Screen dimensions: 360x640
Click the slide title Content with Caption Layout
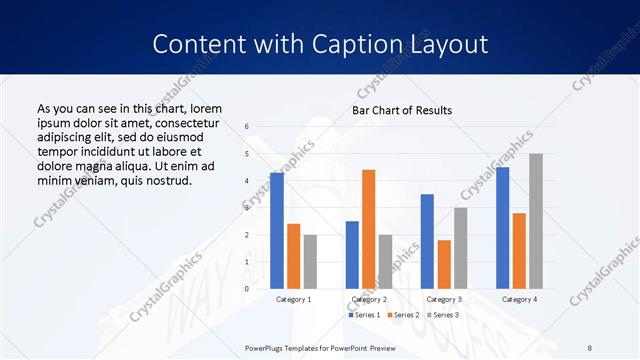coord(320,45)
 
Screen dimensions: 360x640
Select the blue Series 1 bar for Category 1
coord(277,231)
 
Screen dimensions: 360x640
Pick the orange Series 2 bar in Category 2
coord(369,229)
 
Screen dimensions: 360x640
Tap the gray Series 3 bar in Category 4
coord(536,221)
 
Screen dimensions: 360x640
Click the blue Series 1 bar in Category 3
coord(427,241)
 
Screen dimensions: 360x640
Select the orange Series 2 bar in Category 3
coord(444,264)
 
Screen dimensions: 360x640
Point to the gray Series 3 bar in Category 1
coord(310,261)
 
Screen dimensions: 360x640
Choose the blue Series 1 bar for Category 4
coord(502,228)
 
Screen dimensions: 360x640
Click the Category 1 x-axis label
coord(293,299)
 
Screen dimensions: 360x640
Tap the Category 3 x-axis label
coord(443,299)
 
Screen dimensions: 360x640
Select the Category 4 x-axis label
coord(519,299)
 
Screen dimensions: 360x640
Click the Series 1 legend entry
coord(364,315)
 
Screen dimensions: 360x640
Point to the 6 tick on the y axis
coord(247,126)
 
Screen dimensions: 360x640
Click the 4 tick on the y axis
coord(247,181)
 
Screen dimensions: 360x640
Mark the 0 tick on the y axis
coord(247,289)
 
